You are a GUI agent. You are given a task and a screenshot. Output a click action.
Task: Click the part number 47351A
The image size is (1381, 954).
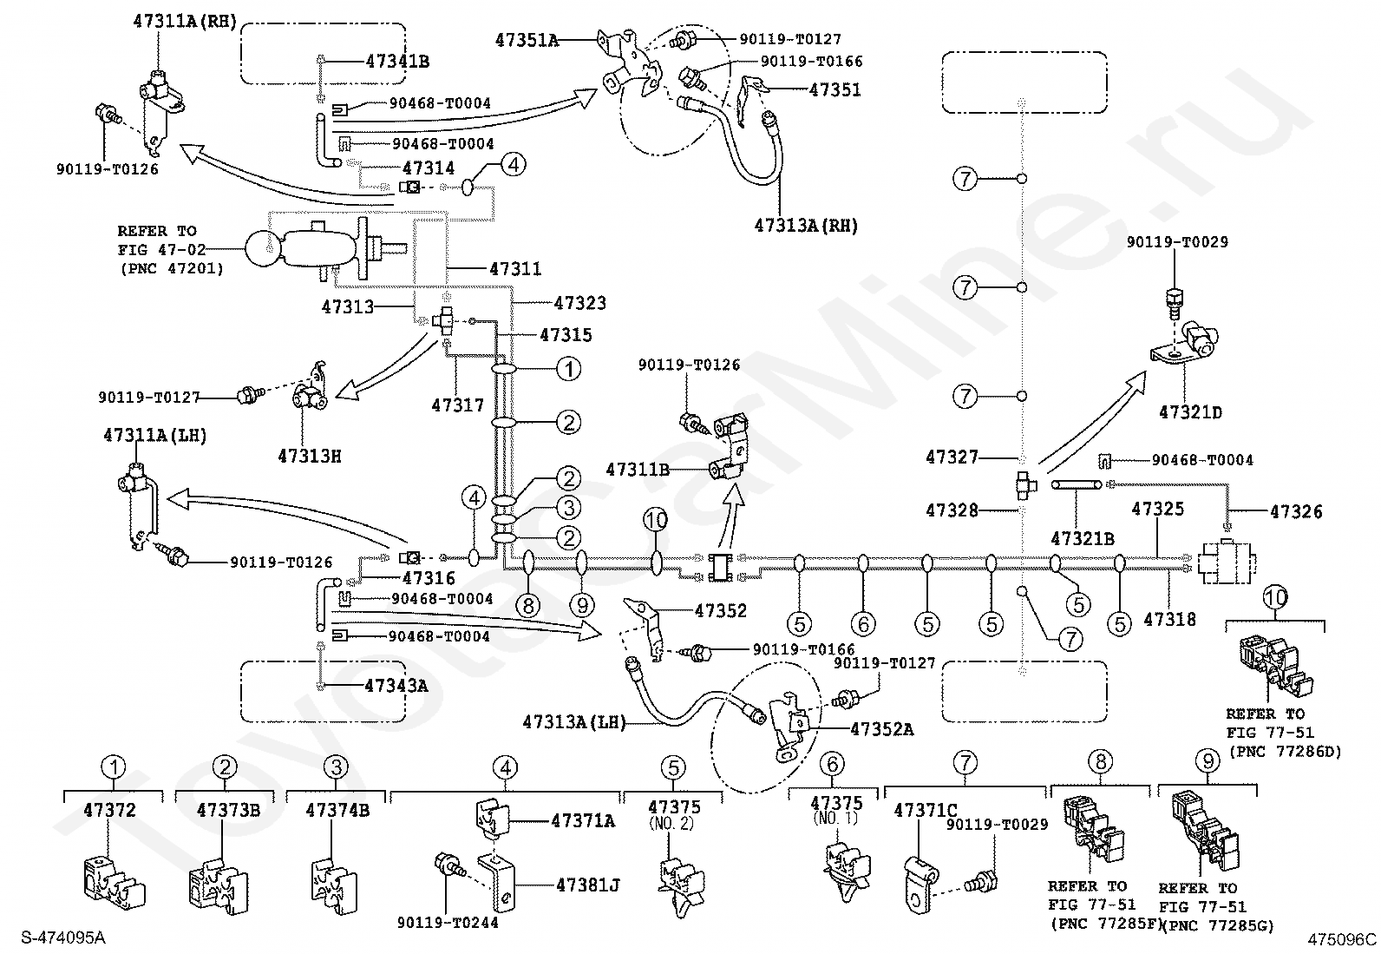[x=527, y=41]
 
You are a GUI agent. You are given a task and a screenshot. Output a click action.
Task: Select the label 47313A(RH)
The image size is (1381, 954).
[x=806, y=226]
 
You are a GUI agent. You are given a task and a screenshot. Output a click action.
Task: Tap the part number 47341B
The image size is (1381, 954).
[x=397, y=62]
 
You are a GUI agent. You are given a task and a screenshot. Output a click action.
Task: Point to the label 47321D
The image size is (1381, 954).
[x=1190, y=412]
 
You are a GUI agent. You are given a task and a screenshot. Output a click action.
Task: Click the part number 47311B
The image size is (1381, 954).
[x=638, y=470]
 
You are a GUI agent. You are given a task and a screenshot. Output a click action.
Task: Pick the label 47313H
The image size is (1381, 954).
[x=310, y=456]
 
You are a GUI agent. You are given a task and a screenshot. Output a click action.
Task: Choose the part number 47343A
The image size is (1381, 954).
[x=396, y=686]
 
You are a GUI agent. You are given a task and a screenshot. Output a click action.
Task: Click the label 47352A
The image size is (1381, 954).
[x=882, y=729]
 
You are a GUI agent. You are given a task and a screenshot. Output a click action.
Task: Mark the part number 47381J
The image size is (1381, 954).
[x=587, y=885]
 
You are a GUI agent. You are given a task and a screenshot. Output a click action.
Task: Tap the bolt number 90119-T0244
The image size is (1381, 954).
[x=448, y=923]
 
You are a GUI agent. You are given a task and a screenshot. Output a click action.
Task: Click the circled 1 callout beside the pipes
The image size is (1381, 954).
[x=568, y=369]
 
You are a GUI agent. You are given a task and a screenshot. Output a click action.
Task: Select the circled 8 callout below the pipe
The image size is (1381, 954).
[x=528, y=606]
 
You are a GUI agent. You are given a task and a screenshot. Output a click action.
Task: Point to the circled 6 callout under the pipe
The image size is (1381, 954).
[x=863, y=624]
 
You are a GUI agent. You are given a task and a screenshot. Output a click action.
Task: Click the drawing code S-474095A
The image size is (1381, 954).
[x=62, y=938]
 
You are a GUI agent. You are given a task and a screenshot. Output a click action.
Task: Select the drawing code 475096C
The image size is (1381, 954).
[x=1342, y=939]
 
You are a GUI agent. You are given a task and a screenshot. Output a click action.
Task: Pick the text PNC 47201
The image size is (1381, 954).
[x=172, y=269]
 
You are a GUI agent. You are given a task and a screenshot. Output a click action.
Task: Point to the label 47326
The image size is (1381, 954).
[x=1296, y=511]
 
